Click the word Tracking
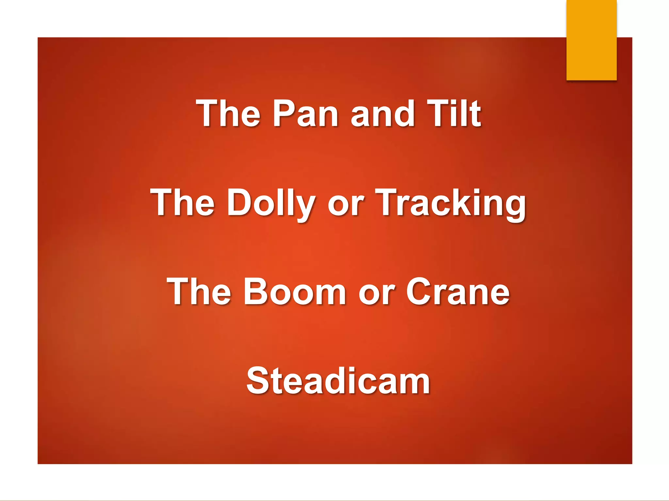click(x=450, y=204)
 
